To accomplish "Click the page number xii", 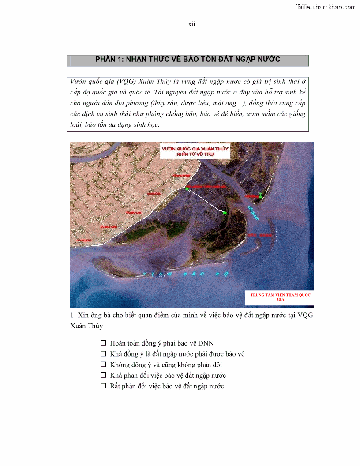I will pos(191,24).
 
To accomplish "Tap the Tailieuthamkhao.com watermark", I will pos(326,7).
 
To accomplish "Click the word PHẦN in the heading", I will pos(106,60).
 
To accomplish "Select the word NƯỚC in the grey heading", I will pos(269,60).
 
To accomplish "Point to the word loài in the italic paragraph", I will pos(77,124).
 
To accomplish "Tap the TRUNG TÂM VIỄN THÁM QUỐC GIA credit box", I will pos(280,297).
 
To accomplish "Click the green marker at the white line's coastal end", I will pos(187,189).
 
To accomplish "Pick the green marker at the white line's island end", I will pos(225,213).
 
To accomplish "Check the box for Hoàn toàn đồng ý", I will pos(103,343).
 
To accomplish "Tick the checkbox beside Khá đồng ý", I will pos(103,353).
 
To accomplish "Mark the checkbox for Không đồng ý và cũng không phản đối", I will pos(103,365).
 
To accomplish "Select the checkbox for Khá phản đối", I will pos(103,375).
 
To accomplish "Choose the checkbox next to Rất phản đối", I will pos(103,386).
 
